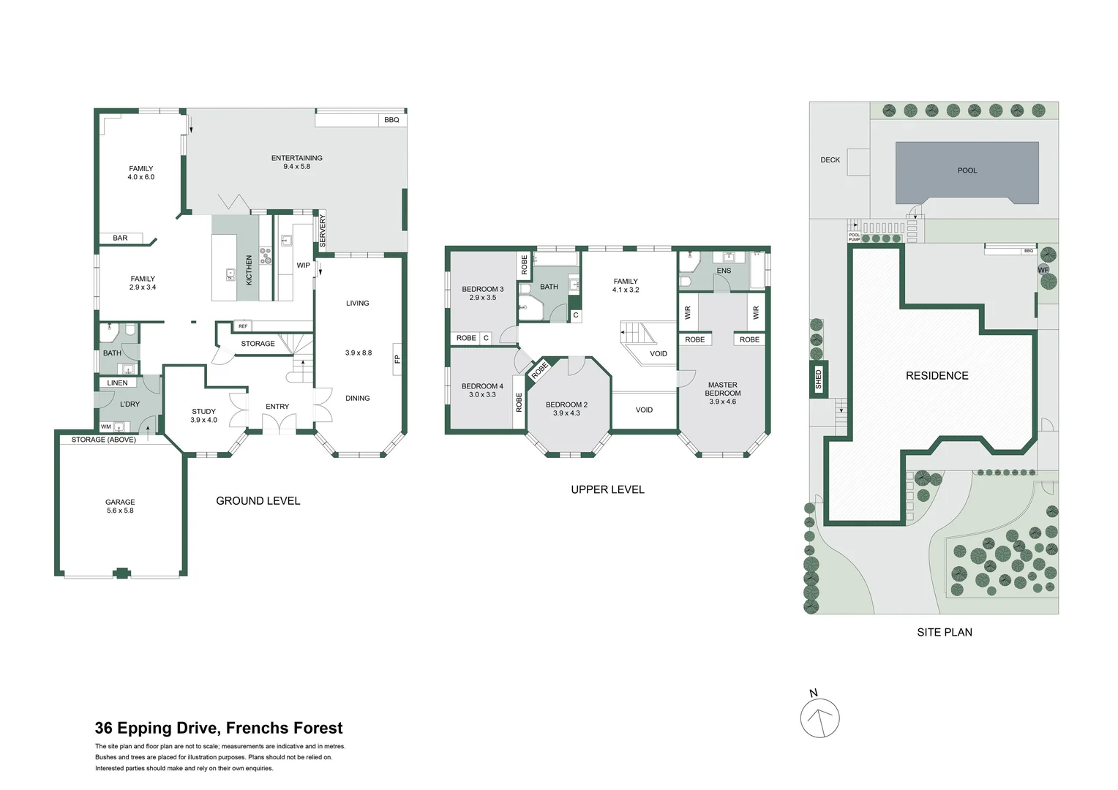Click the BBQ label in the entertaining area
tap(391, 120)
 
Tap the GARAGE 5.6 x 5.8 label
tap(120, 506)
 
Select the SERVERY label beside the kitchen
tap(323, 230)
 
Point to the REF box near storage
tap(243, 326)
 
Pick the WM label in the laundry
tap(106, 426)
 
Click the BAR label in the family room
tap(120, 238)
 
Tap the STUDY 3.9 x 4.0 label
tap(203, 415)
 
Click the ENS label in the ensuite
tap(723, 271)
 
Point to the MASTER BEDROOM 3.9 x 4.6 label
tap(722, 393)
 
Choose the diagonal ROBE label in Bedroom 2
tap(540, 370)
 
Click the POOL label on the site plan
tap(967, 170)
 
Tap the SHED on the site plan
tap(818, 379)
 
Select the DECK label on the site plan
tap(830, 159)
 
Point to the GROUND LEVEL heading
tap(258, 501)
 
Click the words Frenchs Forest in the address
tap(284, 728)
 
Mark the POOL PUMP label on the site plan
tap(854, 237)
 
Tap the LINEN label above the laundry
tap(117, 383)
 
